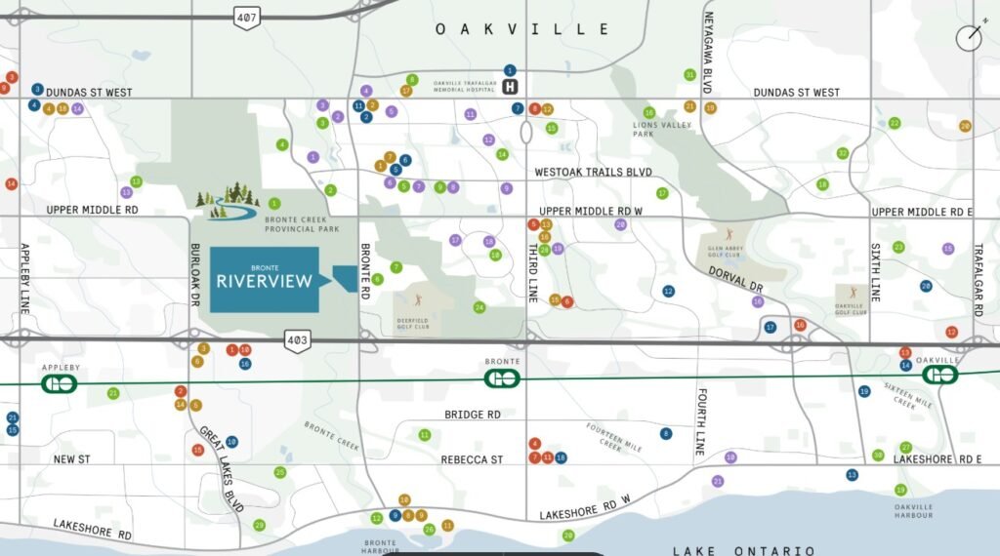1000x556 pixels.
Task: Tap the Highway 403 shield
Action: point(298,339)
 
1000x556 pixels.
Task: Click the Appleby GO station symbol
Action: point(59,383)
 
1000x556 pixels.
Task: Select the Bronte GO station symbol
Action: point(502,377)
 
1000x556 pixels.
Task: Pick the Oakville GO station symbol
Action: point(940,376)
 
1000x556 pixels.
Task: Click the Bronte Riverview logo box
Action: point(265,280)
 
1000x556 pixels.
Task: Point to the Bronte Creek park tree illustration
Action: point(227,201)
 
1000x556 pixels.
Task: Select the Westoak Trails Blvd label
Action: point(593,172)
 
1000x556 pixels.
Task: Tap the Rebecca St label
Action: point(471,459)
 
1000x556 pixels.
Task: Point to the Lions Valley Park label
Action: point(661,129)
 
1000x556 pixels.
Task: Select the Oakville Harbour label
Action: point(913,510)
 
